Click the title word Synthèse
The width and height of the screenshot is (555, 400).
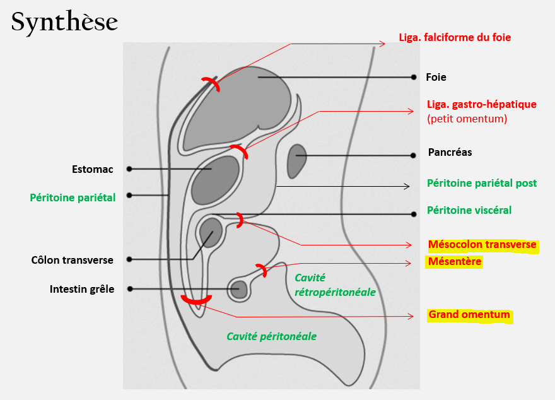pos(64,21)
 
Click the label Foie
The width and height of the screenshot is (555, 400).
pos(436,77)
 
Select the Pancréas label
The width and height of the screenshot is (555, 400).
pos(450,152)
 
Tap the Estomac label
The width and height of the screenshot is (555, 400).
pos(92,169)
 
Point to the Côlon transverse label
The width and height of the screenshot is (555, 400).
pos(72,260)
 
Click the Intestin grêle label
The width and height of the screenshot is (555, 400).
pos(82,289)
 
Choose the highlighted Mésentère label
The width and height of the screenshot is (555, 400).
pos(454,261)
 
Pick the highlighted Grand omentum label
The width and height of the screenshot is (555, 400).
pos(469,314)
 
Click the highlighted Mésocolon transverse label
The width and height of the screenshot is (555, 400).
pos(482,245)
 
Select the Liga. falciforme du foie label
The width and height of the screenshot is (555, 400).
pos(455,37)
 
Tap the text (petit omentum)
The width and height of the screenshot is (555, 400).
pos(467,118)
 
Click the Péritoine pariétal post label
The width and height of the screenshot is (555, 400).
pos(482,183)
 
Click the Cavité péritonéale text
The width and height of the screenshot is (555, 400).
pos(271,336)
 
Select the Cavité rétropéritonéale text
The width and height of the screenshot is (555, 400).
pos(335,285)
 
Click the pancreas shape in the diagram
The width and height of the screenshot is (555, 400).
pos(296,160)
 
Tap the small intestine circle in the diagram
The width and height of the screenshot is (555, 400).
pos(238,290)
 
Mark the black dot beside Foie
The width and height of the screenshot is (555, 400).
pos(414,77)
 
